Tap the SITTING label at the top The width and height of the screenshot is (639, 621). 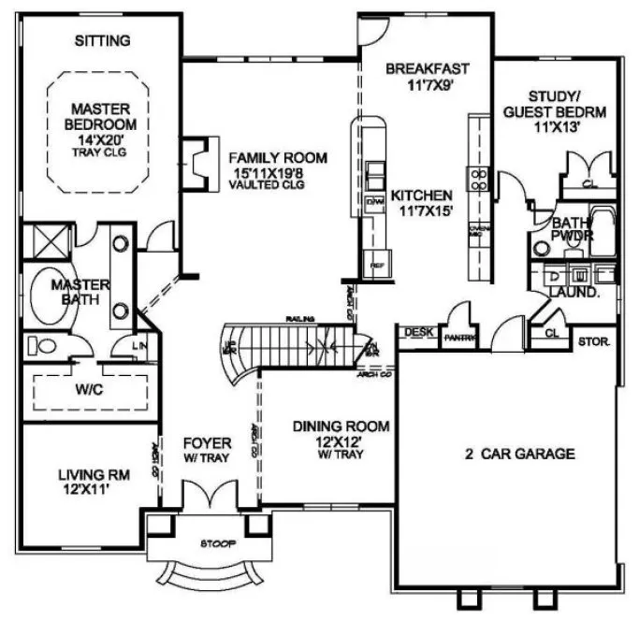pyautogui.click(x=102, y=40)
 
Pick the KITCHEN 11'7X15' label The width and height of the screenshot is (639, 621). pyautogui.click(x=422, y=203)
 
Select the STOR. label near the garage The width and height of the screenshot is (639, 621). pyautogui.click(x=593, y=341)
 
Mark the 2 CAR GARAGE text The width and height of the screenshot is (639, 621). pyautogui.click(x=520, y=455)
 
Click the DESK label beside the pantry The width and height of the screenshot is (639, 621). pyautogui.click(x=415, y=332)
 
